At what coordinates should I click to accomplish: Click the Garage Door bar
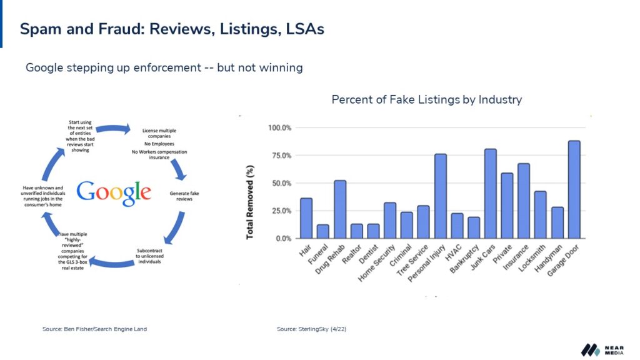574,189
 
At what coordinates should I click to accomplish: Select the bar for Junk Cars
490,194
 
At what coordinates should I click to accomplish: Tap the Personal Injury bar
441,196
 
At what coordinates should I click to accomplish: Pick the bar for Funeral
323,231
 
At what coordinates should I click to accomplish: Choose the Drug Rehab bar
339,209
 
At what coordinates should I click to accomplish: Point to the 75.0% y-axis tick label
279,156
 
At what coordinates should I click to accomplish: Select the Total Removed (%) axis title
250,202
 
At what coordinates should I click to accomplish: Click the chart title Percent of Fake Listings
426,99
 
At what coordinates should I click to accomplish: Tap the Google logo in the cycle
114,192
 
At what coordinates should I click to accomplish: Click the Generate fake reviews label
184,196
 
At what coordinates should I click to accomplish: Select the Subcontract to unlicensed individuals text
149,256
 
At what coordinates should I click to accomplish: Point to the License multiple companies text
159,133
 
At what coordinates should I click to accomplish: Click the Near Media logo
602,350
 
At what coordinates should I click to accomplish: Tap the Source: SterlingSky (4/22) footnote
311,329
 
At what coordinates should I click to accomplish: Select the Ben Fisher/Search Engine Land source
95,329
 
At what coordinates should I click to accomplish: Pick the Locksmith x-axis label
531,258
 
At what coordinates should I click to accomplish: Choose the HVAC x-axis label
453,252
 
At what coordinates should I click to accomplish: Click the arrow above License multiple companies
113,129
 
